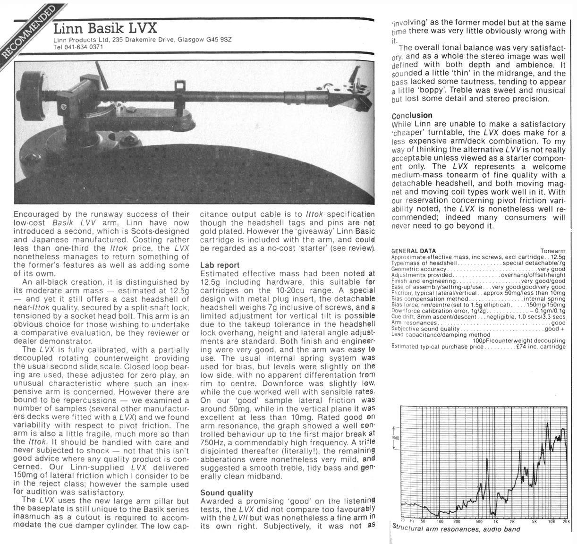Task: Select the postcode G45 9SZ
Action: (x=217, y=40)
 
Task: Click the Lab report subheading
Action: (x=220, y=265)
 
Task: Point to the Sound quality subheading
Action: (x=227, y=493)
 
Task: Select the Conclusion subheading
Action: (x=412, y=116)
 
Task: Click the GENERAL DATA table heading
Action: (x=414, y=251)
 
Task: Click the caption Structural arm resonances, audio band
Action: (x=456, y=529)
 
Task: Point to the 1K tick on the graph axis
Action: (x=495, y=522)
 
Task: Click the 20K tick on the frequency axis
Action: (x=566, y=522)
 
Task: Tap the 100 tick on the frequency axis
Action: (x=440, y=522)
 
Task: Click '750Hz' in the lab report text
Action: (x=211, y=442)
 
